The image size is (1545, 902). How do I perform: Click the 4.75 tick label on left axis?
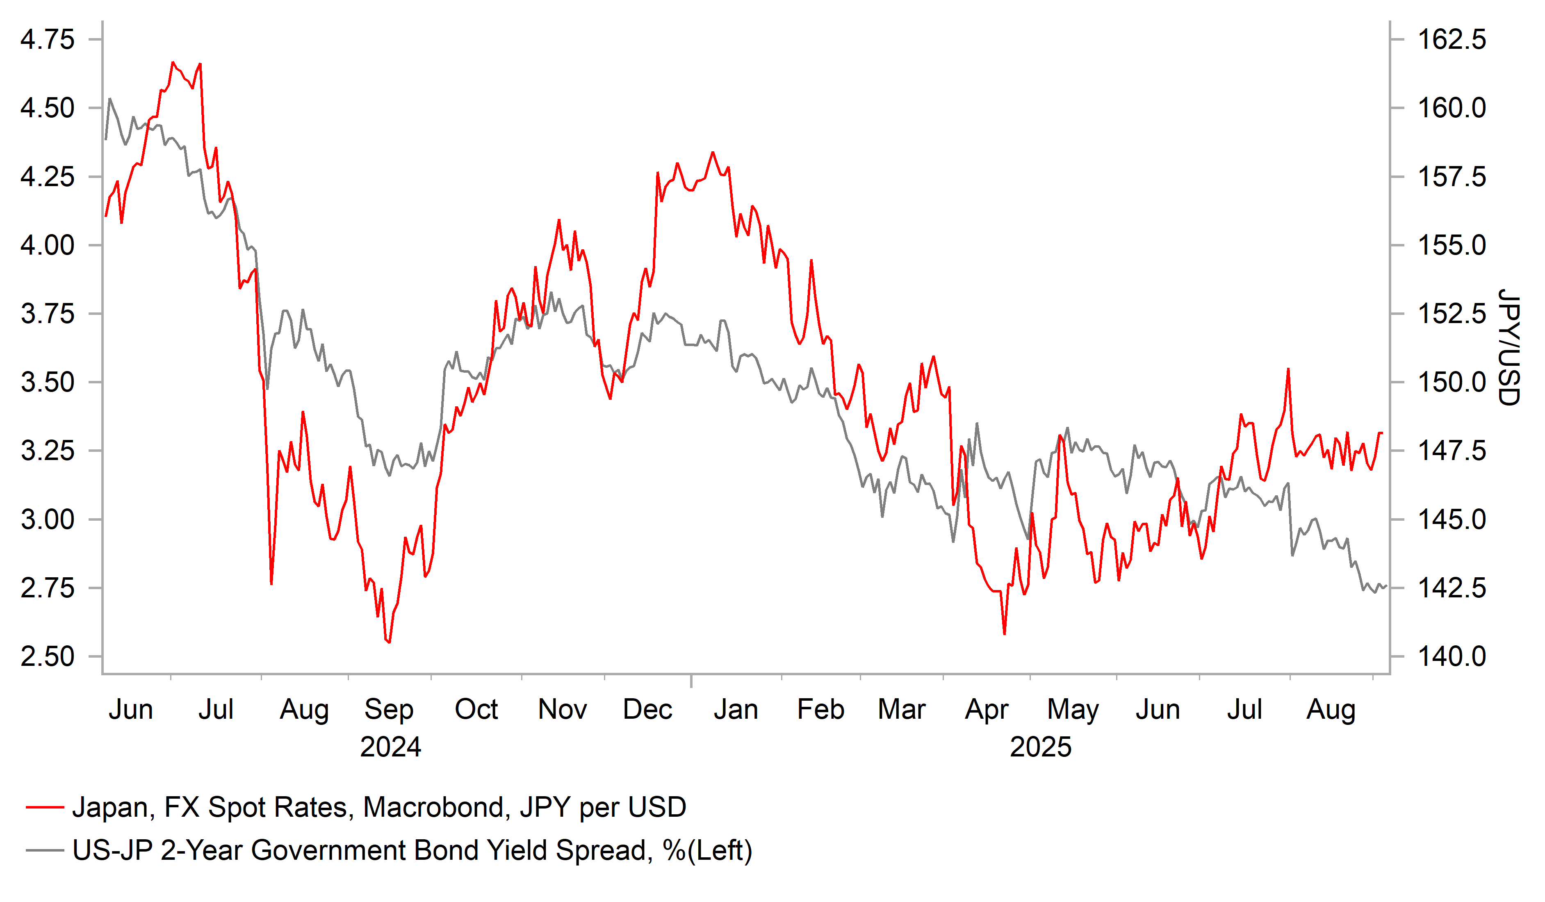tap(47, 40)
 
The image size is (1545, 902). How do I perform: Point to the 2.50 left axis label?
tap(47, 657)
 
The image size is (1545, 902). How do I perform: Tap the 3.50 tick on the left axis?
tap(47, 383)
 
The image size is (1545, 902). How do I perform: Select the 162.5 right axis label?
tap(1452, 40)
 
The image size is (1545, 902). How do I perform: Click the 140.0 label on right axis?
tap(1452, 657)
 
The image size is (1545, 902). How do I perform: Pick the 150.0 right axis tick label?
tap(1452, 383)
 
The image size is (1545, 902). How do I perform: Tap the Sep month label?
tap(389, 709)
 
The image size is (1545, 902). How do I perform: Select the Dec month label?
tap(647, 709)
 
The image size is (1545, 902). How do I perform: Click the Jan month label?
tap(736, 709)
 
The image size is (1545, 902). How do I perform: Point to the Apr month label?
tap(987, 709)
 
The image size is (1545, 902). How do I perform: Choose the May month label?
tap(1073, 709)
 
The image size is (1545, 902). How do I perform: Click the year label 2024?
tap(390, 747)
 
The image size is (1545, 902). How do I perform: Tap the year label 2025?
tap(1040, 747)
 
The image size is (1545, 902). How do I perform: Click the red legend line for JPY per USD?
tap(45, 808)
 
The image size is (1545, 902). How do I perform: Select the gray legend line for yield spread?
tap(45, 850)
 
